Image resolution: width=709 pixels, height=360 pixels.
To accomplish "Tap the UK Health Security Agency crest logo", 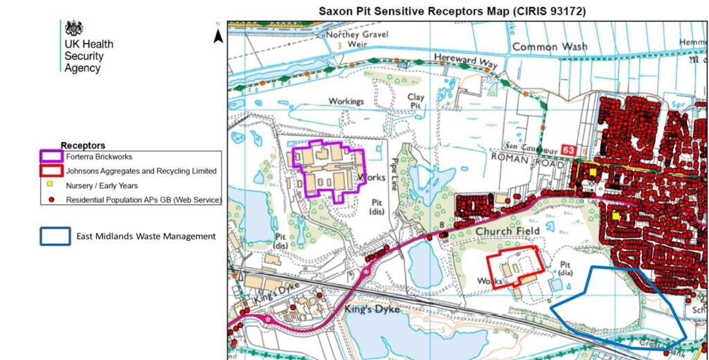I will click(x=73, y=28).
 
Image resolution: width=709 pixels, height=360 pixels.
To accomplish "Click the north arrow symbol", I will click(x=217, y=34).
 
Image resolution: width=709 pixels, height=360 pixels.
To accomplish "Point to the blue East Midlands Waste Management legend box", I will click(x=55, y=236).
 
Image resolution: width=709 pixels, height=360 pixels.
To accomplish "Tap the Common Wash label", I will click(x=549, y=47).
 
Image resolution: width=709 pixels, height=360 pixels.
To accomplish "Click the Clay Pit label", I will click(x=415, y=102).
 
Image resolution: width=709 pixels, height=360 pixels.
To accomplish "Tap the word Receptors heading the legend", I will click(x=83, y=145).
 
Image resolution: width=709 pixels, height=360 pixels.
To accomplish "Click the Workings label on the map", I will click(x=345, y=102).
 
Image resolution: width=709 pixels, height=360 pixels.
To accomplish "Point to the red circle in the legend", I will click(x=52, y=199).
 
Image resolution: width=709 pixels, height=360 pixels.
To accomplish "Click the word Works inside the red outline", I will click(x=490, y=280).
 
